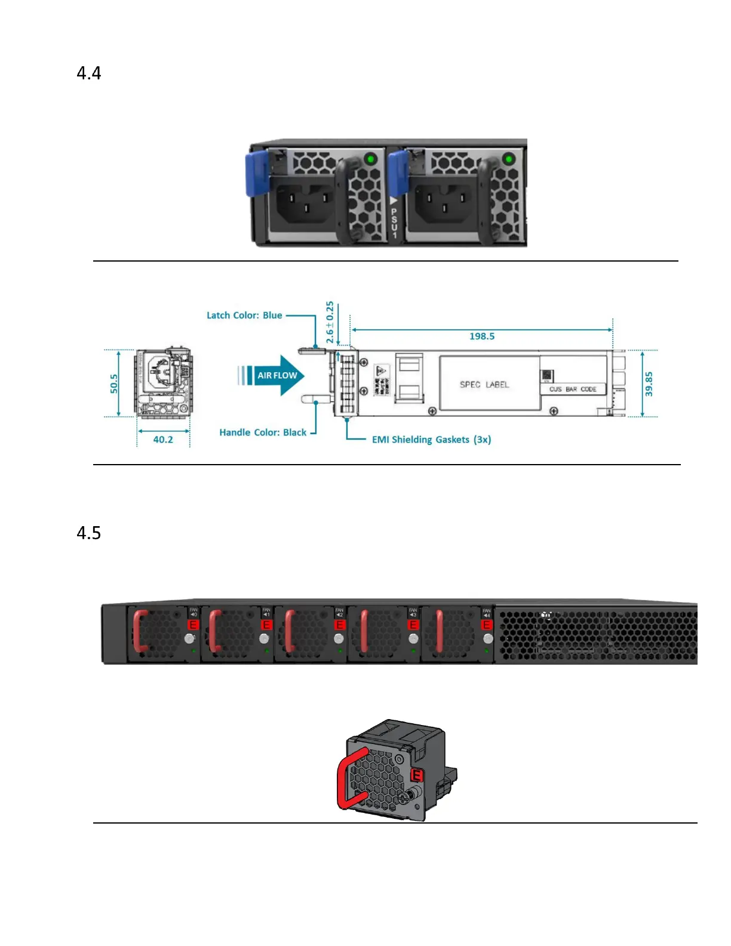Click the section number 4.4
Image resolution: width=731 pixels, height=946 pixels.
(x=89, y=73)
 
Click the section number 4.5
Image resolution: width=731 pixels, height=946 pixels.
(x=89, y=533)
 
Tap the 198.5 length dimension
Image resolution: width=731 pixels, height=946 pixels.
(x=481, y=336)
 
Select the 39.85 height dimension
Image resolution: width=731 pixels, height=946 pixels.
(x=649, y=384)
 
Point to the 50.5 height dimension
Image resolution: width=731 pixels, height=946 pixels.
(x=114, y=383)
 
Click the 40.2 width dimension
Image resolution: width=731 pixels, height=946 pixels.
(x=163, y=440)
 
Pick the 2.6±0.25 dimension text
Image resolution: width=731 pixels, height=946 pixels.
(x=330, y=322)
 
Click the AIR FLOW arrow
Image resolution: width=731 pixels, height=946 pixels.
(x=276, y=376)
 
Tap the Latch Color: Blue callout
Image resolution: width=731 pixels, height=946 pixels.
(x=244, y=315)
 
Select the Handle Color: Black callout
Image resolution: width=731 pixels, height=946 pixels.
(x=263, y=432)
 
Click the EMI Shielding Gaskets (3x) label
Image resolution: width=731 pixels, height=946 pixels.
(x=431, y=440)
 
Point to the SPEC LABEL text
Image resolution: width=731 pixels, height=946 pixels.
(x=484, y=385)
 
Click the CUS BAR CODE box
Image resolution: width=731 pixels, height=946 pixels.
(x=573, y=389)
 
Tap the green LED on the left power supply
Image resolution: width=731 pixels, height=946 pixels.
(x=371, y=159)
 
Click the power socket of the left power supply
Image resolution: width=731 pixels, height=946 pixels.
(x=305, y=203)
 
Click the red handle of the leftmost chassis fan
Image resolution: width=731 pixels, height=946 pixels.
(x=139, y=631)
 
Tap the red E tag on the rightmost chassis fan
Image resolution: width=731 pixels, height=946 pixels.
(x=487, y=625)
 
